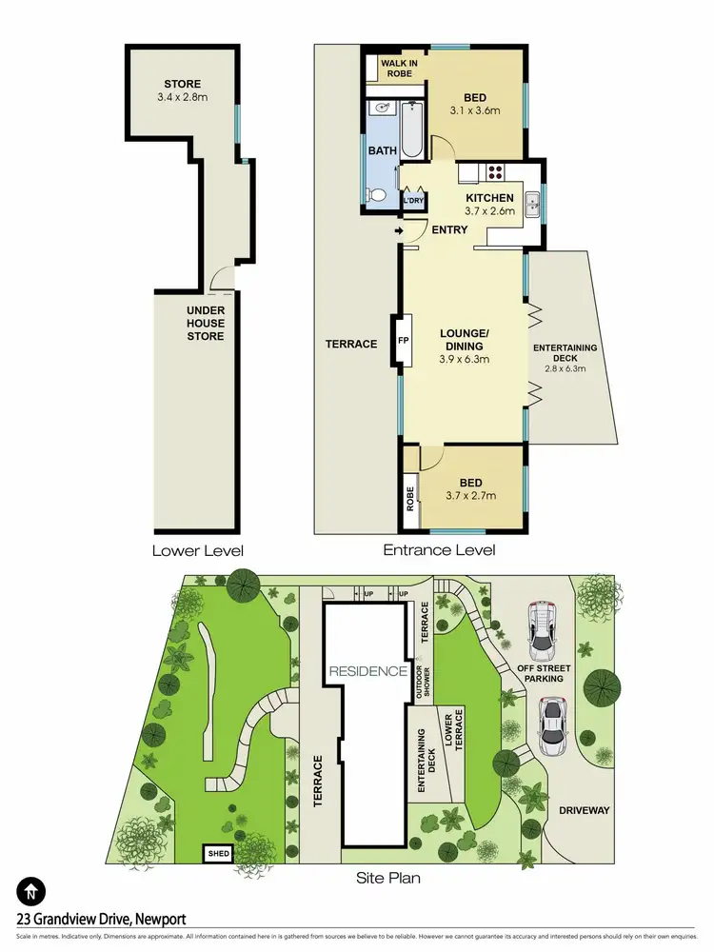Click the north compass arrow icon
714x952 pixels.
(x=32, y=892)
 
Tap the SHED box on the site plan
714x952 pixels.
(x=219, y=854)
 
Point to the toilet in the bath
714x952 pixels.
(x=378, y=196)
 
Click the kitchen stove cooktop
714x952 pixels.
(x=496, y=172)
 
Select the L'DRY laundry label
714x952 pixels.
(x=413, y=202)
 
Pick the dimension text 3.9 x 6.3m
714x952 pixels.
(x=465, y=359)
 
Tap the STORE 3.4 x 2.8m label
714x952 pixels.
(x=182, y=90)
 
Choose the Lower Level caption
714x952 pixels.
(x=198, y=550)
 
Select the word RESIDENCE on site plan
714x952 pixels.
(x=368, y=671)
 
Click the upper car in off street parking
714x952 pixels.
(x=543, y=631)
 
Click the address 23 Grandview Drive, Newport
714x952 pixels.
(x=102, y=919)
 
